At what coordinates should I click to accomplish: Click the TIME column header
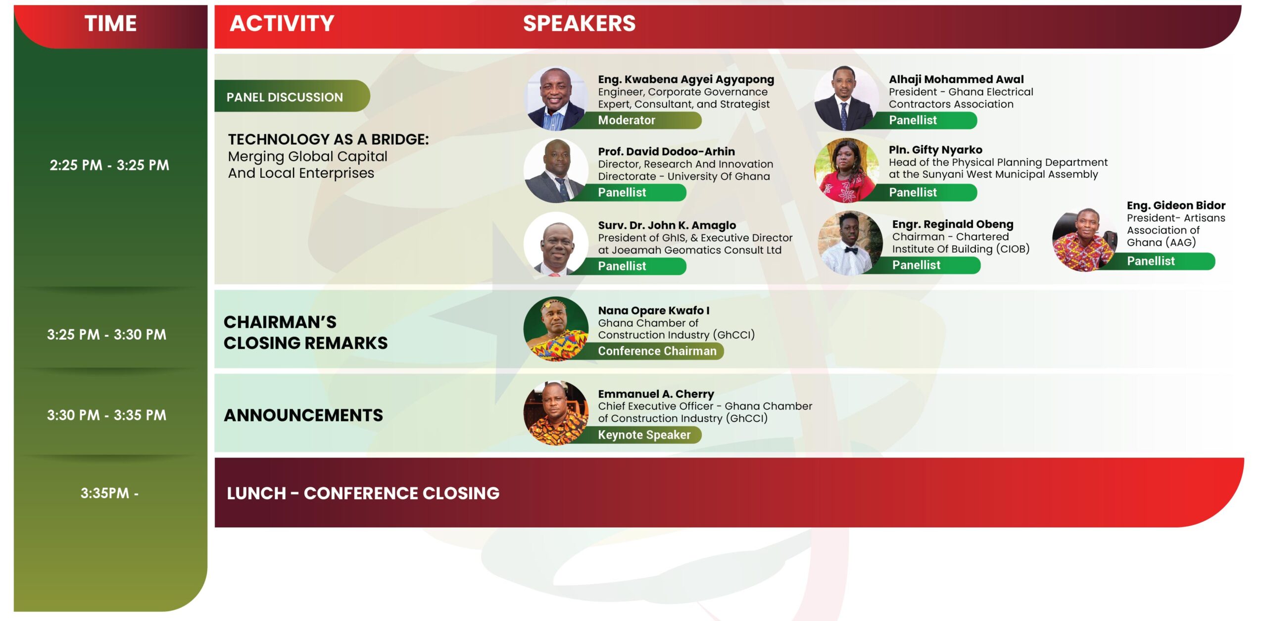click(110, 23)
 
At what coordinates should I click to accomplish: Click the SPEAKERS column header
click(579, 23)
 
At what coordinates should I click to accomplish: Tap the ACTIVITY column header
click(282, 23)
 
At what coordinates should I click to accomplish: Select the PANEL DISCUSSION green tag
click(292, 96)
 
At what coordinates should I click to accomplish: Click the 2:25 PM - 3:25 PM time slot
click(109, 165)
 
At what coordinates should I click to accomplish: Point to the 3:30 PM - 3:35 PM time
click(106, 415)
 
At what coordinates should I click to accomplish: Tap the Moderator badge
click(638, 120)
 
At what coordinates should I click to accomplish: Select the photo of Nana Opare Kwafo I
click(556, 329)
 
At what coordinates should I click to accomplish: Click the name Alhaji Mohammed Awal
click(956, 79)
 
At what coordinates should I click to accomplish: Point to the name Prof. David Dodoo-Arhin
click(666, 152)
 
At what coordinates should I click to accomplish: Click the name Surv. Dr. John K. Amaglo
click(667, 225)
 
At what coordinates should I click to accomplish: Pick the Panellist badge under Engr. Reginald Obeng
click(921, 265)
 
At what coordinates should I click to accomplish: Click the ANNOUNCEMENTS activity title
click(303, 415)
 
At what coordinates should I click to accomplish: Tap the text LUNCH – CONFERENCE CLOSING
click(363, 493)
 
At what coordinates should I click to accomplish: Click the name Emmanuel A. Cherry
click(656, 394)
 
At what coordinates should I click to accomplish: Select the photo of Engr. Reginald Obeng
click(850, 243)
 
